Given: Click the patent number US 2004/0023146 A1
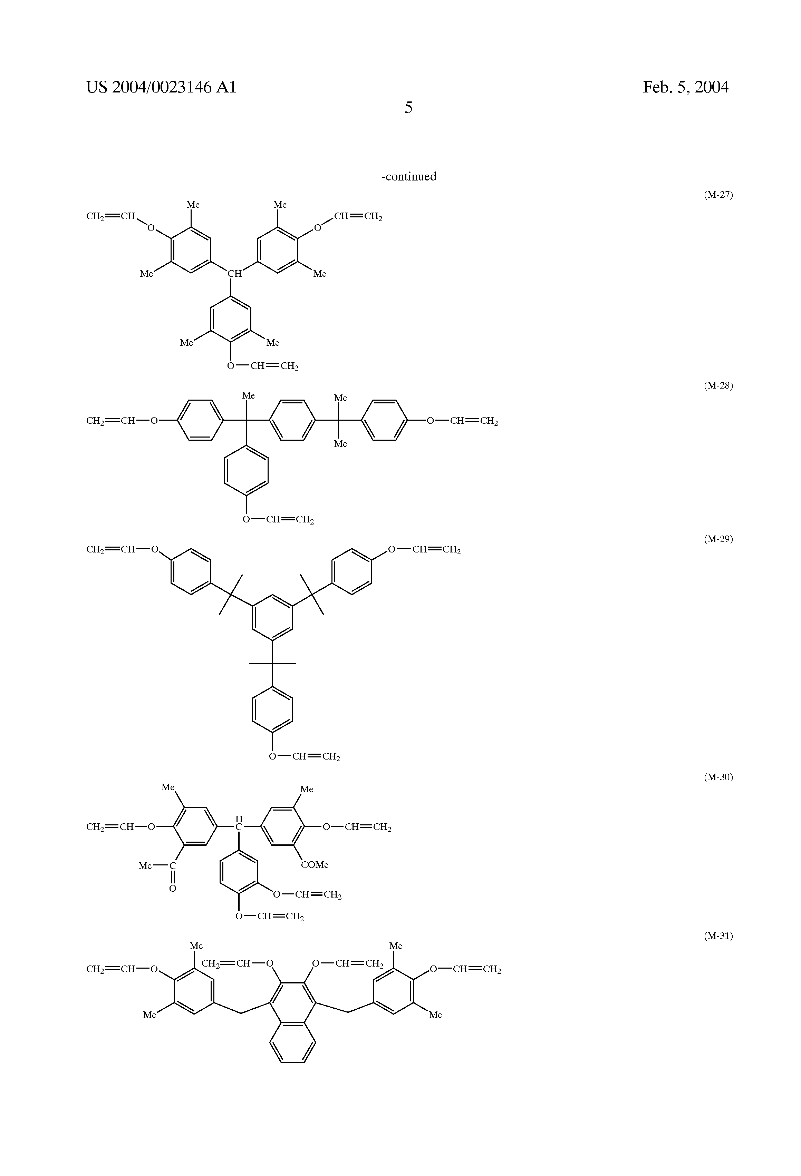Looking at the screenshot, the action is [161, 88].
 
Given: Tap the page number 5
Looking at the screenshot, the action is [408, 107].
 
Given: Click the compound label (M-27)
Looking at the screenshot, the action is [718, 195].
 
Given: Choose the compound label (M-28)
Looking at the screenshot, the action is [718, 385].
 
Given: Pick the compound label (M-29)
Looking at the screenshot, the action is [718, 539].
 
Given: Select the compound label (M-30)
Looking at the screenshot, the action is [718, 777].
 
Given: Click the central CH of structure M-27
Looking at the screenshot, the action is [234, 274].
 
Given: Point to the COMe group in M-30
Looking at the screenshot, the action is [315, 865].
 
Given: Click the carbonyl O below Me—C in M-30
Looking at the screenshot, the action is [173, 888].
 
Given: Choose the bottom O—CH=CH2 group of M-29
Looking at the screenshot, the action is [304, 756].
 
